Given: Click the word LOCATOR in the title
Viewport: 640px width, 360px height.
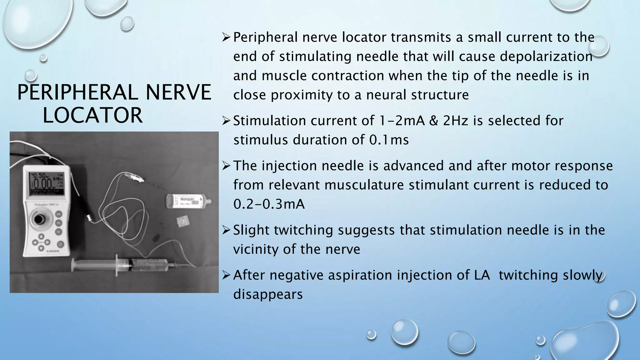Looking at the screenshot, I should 92,115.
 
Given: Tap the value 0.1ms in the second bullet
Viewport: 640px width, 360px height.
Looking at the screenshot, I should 389,140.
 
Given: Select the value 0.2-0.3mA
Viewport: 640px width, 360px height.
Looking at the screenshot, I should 269,204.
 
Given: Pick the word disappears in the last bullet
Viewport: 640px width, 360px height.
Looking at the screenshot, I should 268,294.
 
